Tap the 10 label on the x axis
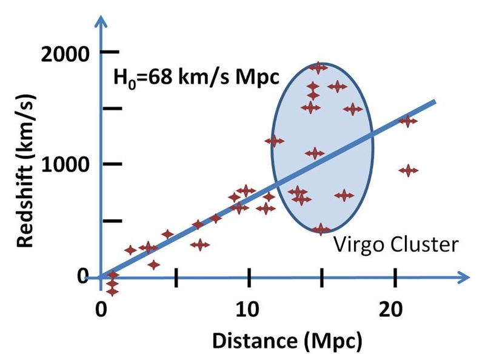[249, 305]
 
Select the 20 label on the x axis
[395, 305]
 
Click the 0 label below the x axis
[101, 305]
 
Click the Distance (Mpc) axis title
[287, 341]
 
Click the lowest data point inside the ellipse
[321, 229]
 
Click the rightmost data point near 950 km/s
[409, 170]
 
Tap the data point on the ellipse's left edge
[274, 141]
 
